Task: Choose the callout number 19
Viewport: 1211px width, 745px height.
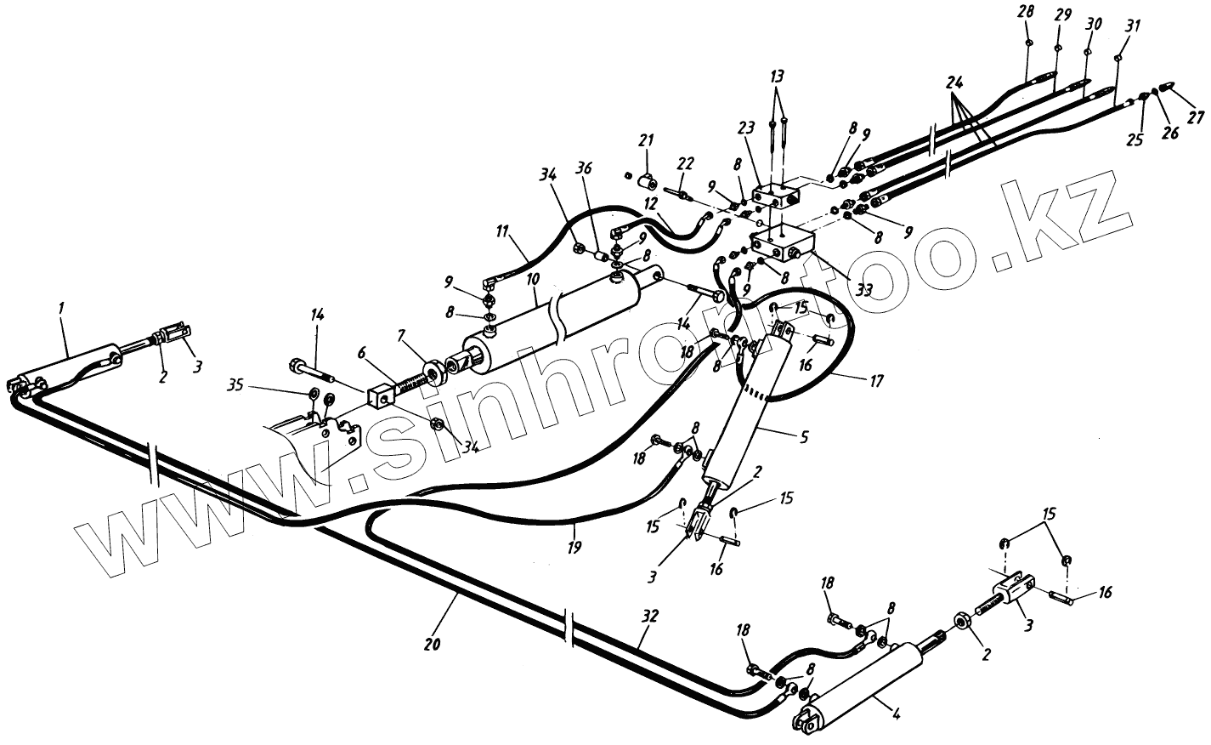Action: click(x=575, y=548)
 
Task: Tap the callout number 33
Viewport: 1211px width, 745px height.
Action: click(x=864, y=289)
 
